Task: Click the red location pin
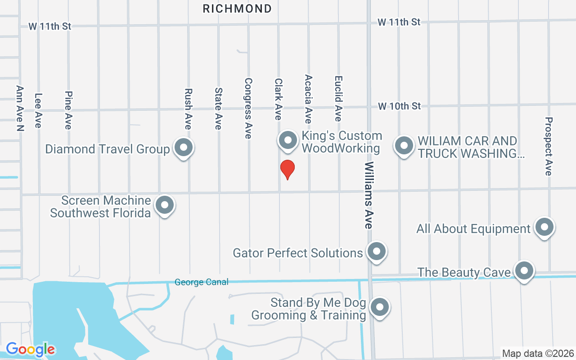coord(287,169)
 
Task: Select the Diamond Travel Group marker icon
coord(183,148)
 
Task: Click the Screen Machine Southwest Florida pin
coord(165,205)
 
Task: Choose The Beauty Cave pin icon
coord(524,271)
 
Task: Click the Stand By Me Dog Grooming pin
coord(379,307)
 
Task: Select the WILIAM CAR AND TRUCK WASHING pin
coord(404,145)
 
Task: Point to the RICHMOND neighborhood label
coord(237,9)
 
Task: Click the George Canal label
coord(202,282)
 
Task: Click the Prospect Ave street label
coord(548,146)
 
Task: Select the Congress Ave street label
coord(248,108)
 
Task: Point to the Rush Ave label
coord(188,108)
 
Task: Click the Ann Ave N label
coord(20,108)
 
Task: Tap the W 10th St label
coord(399,106)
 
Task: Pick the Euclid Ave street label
coord(338,98)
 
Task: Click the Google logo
coord(31,349)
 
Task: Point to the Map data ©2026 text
coord(538,353)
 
